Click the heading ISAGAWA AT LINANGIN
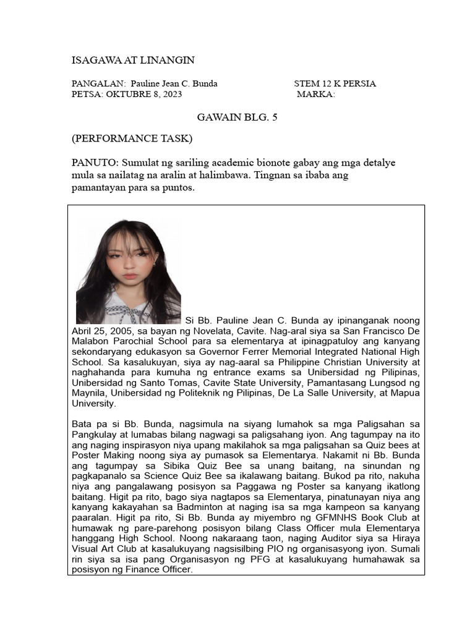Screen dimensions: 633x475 [x=133, y=60]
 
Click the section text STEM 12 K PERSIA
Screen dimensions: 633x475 [x=335, y=83]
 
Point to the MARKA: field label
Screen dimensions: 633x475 [x=315, y=95]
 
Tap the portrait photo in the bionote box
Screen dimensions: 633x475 [x=128, y=271]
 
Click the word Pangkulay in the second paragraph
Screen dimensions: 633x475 [x=94, y=435]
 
